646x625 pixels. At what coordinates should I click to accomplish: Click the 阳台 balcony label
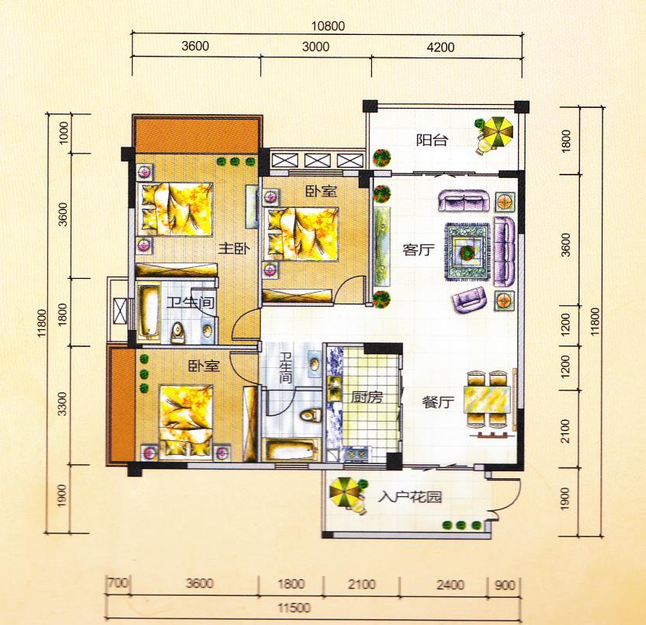pos(432,140)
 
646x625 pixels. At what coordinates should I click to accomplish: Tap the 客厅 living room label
pos(419,250)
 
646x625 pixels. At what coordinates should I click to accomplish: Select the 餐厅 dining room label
pos(438,402)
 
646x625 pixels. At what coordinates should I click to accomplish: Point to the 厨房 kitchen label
pos(366,398)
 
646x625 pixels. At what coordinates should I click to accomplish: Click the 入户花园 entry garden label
pos(410,497)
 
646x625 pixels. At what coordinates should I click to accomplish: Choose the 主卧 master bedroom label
pos(234,248)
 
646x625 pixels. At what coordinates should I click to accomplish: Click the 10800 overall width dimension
pos(328,26)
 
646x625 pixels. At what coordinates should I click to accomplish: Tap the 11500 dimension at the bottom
pos(293,608)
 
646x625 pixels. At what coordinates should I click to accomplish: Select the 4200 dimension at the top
pos(440,47)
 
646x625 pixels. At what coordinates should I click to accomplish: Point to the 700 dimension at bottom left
pos(118,583)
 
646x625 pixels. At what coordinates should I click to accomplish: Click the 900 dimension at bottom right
pos(504,585)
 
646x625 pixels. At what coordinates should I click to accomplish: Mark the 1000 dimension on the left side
pos(64,133)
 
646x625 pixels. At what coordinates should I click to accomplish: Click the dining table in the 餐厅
pos(487,399)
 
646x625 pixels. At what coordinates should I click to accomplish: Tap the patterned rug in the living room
pos(467,252)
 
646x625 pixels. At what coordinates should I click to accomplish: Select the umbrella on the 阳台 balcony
pos(498,132)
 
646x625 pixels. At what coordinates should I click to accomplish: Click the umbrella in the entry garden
pos(345,492)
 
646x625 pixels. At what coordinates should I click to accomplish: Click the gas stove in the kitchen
pos(358,453)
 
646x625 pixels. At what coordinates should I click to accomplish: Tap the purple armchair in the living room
pos(468,300)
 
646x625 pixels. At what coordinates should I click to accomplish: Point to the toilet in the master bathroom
pos(178,333)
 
